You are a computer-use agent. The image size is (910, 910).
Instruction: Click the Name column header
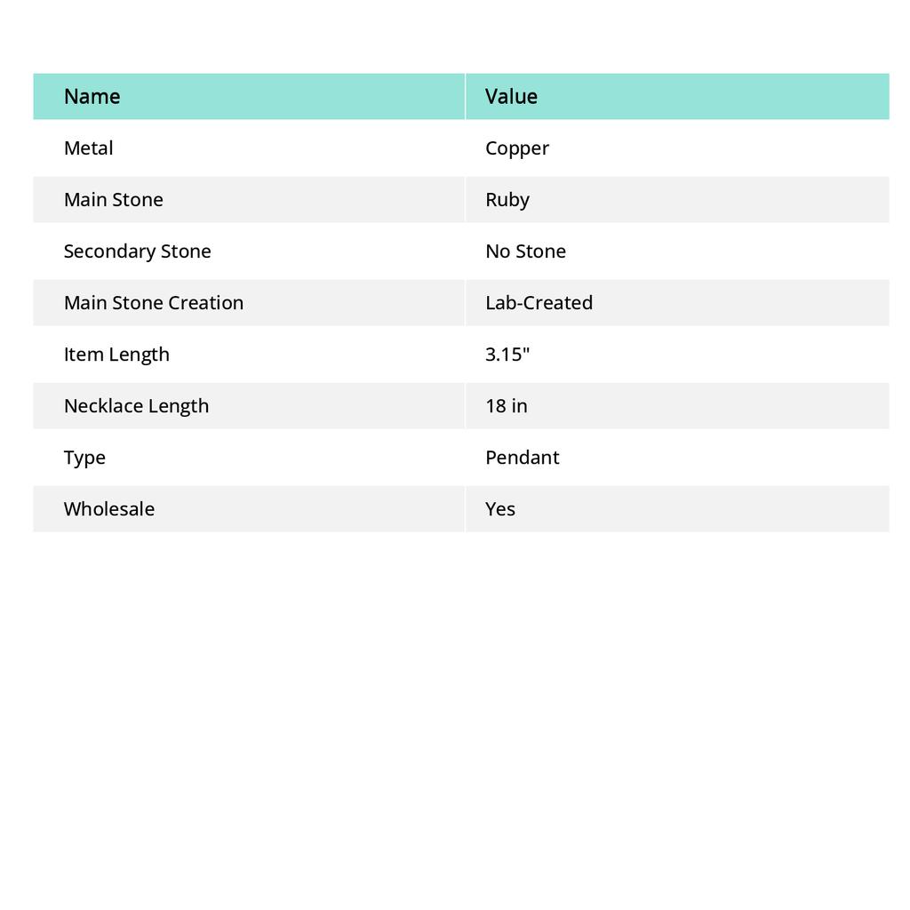pyautogui.click(x=92, y=96)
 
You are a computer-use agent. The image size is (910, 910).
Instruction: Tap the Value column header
pyautogui.click(x=511, y=96)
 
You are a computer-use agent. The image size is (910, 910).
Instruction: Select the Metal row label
pyautogui.click(x=88, y=148)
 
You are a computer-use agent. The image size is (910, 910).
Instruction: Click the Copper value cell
pyautogui.click(x=517, y=148)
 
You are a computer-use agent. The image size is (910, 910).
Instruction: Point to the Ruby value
pyautogui.click(x=507, y=200)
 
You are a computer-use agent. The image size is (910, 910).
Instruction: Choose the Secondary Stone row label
pyautogui.click(x=137, y=251)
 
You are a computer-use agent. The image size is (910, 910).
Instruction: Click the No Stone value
pyautogui.click(x=525, y=251)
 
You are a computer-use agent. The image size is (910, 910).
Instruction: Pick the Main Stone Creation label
pyautogui.click(x=153, y=302)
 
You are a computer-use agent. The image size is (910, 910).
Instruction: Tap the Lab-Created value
pyautogui.click(x=539, y=302)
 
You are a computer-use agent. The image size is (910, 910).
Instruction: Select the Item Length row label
pyautogui.click(x=116, y=354)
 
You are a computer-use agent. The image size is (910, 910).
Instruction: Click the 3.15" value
pyautogui.click(x=507, y=354)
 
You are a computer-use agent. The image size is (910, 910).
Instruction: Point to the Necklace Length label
pyautogui.click(x=136, y=405)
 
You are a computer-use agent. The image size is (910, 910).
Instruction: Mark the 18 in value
pyautogui.click(x=506, y=405)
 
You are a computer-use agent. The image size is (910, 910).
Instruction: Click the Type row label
pyautogui.click(x=84, y=458)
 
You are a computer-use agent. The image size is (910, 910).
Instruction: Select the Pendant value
pyautogui.click(x=522, y=457)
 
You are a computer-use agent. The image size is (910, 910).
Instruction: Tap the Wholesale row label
pyautogui.click(x=108, y=508)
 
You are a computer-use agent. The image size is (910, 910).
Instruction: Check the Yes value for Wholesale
pyautogui.click(x=500, y=508)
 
